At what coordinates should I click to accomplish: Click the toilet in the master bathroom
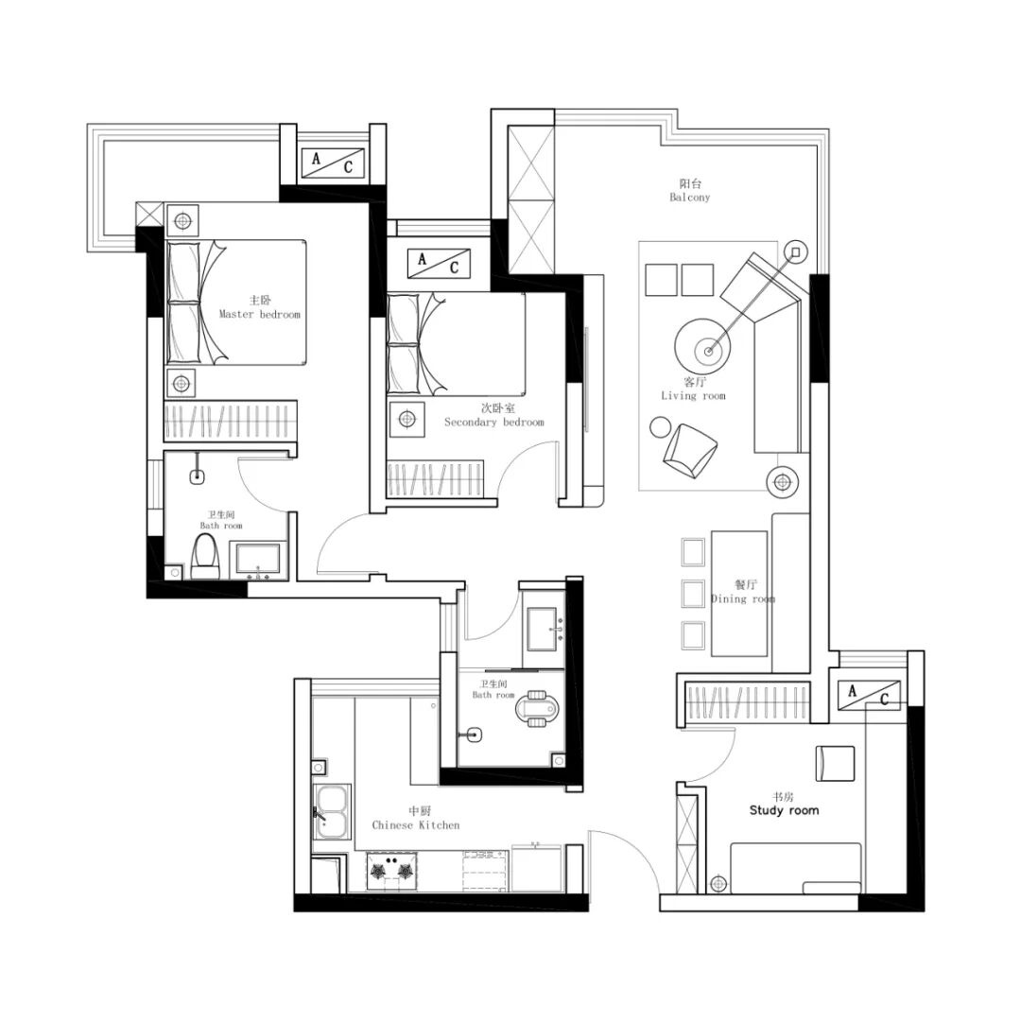pos(206,557)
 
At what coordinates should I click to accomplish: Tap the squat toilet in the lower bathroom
pos(537,707)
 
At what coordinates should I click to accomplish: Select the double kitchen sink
pos(333,811)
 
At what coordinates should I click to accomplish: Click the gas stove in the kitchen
pos(391,872)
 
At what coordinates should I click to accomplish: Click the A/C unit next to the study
pos(869,695)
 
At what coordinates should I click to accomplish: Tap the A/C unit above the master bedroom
pos(332,164)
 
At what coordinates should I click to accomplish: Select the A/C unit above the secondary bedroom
pos(439,264)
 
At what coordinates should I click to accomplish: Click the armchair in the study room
pos(835,763)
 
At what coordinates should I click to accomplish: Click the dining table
pos(739,593)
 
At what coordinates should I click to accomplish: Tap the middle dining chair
pos(693,593)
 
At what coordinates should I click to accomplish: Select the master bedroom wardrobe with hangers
pos(231,421)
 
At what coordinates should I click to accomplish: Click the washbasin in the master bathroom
pos(258,560)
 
